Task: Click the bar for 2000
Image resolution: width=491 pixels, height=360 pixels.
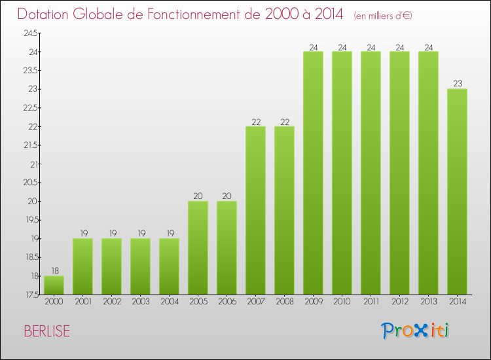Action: [54, 285]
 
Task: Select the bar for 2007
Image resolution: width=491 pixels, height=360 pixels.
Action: [255, 211]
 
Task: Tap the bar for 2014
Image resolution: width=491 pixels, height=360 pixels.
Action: [457, 192]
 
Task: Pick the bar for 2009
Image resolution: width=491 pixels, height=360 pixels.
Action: [313, 173]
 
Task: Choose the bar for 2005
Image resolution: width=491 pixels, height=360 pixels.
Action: [198, 248]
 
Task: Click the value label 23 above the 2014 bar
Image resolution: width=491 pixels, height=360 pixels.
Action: [457, 83]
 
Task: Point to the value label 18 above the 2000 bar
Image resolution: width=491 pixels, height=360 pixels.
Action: [54, 270]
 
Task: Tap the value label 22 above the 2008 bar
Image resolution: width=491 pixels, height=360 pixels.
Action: [284, 120]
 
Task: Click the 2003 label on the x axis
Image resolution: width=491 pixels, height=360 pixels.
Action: [140, 302]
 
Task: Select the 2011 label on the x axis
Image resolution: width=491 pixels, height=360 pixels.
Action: [371, 302]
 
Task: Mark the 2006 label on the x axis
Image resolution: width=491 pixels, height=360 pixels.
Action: [227, 302]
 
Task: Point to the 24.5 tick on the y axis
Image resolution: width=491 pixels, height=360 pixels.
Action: [31, 33]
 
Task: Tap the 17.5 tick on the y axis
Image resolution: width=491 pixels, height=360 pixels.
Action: [31, 295]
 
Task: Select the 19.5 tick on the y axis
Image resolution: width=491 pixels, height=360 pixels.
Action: [31, 220]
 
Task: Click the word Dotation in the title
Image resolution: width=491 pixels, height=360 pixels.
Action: [46, 14]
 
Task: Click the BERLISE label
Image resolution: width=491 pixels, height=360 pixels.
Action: [46, 331]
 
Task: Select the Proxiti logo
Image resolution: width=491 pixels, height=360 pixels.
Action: [416, 331]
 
